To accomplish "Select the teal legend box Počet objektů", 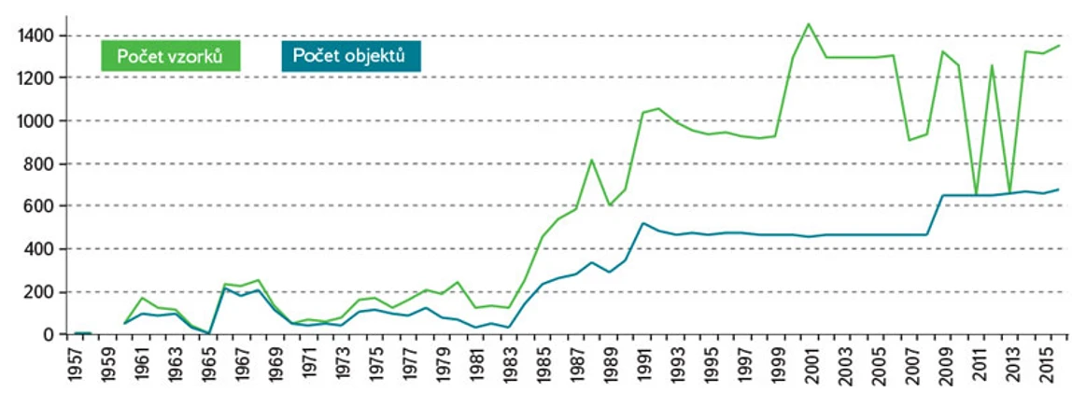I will coord(349,56).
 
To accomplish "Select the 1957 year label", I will coord(76,365).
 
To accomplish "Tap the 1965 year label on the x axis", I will coord(210,365).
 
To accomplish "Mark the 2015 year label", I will coord(1046,365).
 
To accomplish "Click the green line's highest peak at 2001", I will coord(809,24).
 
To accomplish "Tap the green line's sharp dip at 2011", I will coord(976,194).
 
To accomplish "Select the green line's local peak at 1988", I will coord(591,160).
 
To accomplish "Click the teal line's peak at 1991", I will coord(643,223).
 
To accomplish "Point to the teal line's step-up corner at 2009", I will coord(943,195).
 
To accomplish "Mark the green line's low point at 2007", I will coord(910,140).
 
